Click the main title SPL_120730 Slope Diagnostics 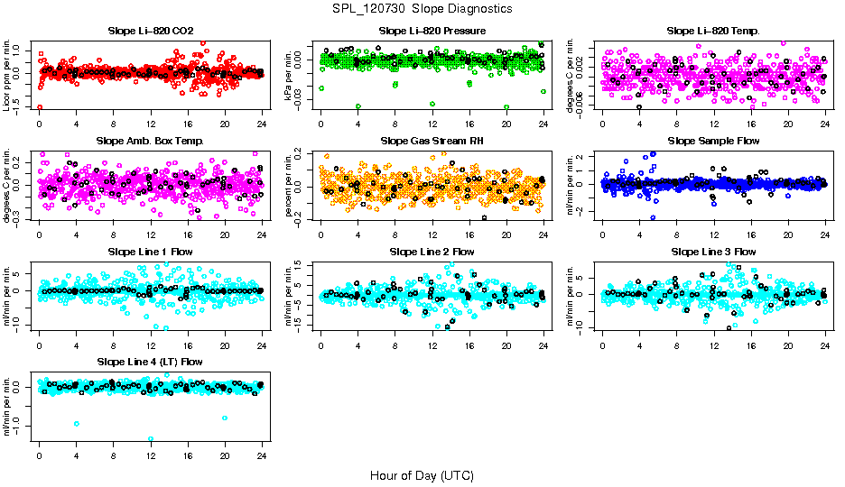(422, 8)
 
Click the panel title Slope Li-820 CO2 (151, 31)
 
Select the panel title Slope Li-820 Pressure (432, 31)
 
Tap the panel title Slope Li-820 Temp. (713, 31)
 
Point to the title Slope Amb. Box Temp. (151, 141)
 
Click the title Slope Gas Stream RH (432, 141)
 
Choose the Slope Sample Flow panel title (713, 141)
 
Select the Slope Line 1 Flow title (151, 251)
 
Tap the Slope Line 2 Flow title (432, 251)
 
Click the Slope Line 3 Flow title (713, 251)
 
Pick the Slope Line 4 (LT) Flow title (151, 362)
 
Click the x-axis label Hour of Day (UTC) (422, 474)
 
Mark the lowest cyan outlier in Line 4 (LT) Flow (151, 439)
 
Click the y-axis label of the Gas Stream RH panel (291, 186)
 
